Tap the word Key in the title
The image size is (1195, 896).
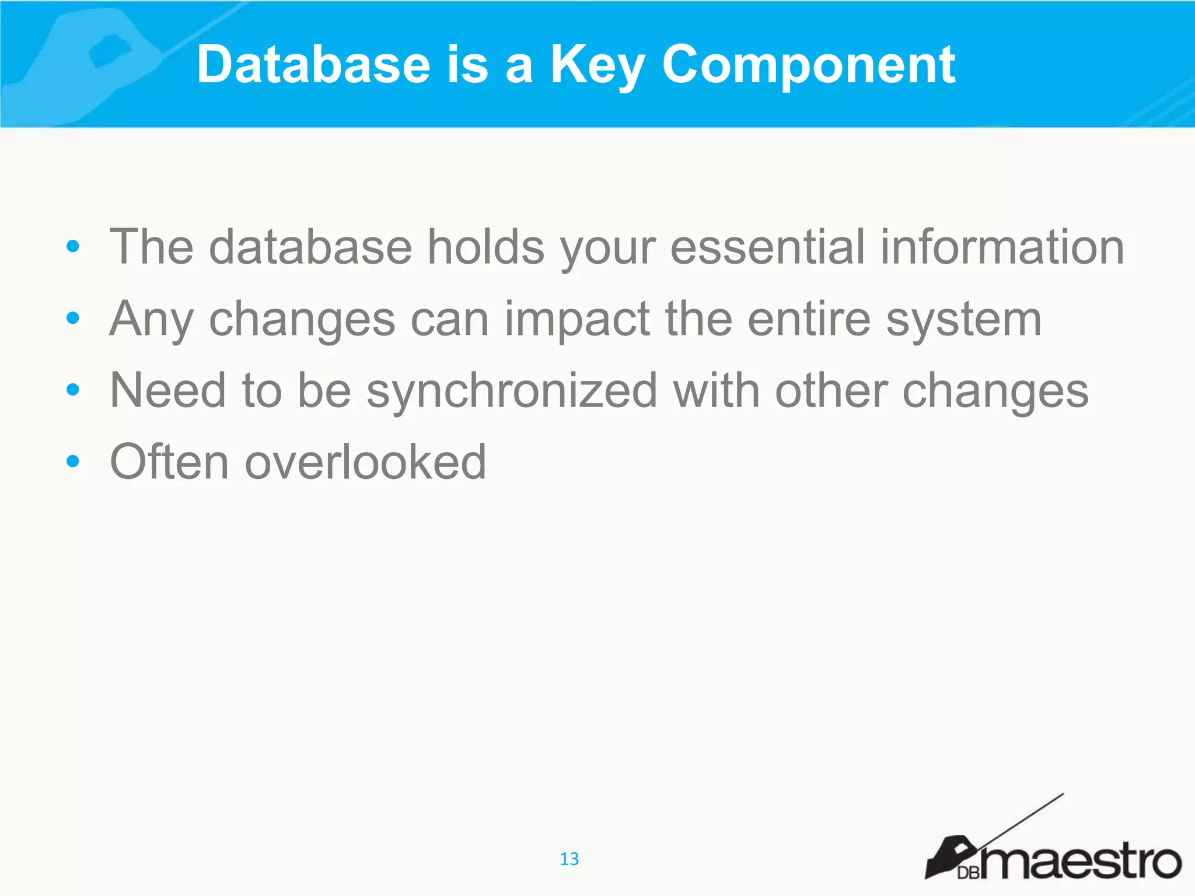(597, 65)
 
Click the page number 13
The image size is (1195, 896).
(569, 859)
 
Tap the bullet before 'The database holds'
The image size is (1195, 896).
(72, 246)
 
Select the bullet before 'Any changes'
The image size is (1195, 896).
(72, 318)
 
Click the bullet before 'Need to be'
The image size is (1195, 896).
(72, 390)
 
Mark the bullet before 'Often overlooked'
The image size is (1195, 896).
(72, 461)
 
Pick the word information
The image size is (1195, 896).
(1002, 247)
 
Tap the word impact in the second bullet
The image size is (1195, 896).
(577, 319)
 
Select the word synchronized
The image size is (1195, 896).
(512, 391)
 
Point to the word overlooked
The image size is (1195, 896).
(365, 462)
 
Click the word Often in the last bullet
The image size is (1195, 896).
(169, 462)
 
